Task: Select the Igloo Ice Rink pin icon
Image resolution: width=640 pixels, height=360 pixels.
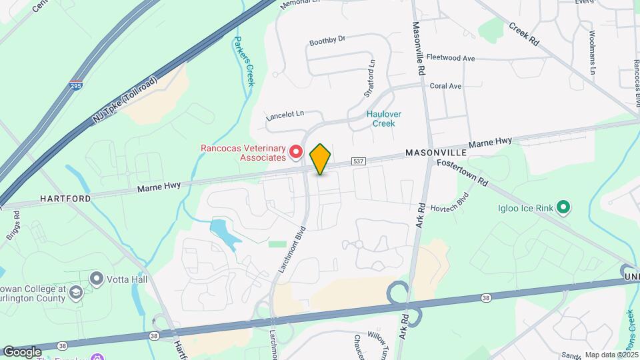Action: pos(563,208)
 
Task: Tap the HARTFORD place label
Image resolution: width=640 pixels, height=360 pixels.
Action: pos(65,199)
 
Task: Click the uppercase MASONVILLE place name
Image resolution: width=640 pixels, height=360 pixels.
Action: pos(435,153)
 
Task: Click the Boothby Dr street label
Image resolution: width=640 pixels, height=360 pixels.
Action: pos(327,41)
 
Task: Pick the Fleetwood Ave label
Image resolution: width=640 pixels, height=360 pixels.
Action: pos(450,59)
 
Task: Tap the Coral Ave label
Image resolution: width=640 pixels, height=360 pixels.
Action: pos(445,86)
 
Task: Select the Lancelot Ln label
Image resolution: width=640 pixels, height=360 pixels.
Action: pos(285,115)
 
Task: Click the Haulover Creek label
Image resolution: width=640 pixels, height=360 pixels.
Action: pos(384,119)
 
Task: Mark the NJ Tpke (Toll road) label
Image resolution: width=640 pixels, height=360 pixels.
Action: pos(126,99)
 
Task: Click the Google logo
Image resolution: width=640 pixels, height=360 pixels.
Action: pos(21,351)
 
